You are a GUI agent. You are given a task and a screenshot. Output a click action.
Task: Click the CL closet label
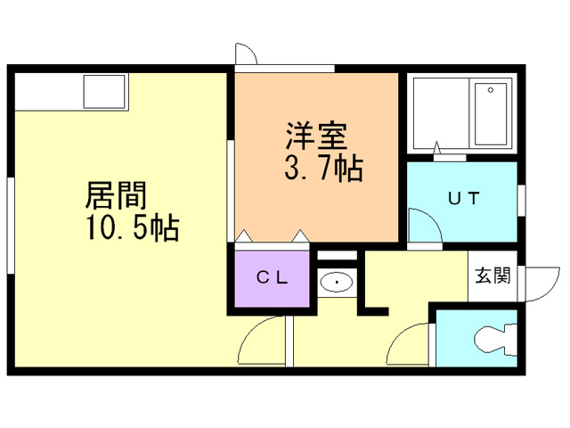pos(273,277)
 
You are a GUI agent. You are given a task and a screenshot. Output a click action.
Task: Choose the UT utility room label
pos(462,199)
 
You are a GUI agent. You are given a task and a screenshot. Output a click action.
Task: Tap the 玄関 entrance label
pos(492,276)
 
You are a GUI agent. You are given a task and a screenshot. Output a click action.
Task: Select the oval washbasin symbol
pos(338,283)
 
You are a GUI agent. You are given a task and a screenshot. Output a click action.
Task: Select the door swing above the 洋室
pos(246,54)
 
